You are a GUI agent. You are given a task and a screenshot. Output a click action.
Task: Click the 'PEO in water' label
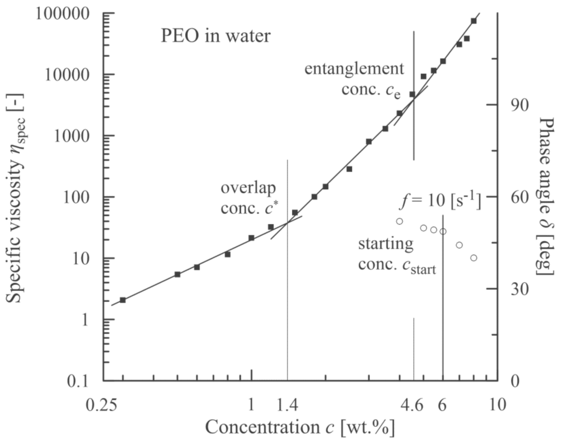216,36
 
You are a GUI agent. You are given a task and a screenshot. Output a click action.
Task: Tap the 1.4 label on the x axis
288,405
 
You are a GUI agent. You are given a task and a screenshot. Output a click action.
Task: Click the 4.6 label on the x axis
412,405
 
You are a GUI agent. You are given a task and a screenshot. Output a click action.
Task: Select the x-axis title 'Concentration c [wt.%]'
300,427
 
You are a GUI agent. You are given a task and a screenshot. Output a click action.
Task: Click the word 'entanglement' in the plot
354,69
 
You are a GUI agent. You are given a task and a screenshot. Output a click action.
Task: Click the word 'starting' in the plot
386,243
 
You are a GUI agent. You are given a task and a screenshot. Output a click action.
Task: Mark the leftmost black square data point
123,300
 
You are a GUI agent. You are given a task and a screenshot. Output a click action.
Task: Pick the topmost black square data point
473,21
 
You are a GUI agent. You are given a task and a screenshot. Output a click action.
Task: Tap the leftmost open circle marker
399,221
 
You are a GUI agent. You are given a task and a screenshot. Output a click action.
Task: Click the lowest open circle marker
473,258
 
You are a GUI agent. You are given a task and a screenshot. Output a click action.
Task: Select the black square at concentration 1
252,238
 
